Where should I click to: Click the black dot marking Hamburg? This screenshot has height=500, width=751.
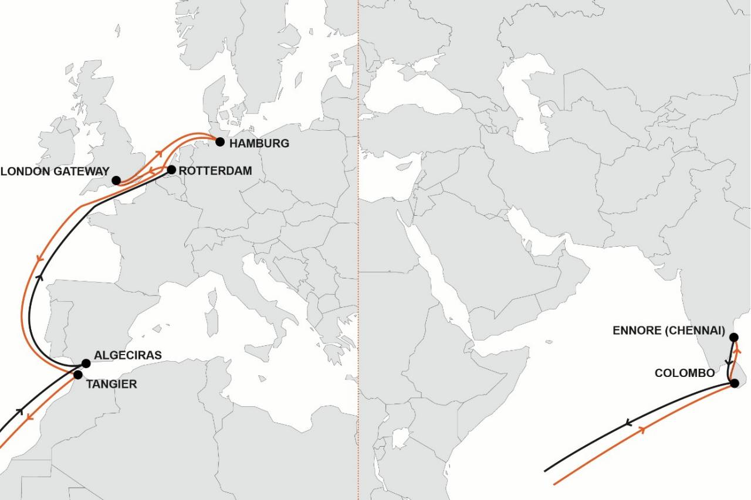(x=220, y=141)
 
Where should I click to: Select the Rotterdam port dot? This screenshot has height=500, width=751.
(x=171, y=170)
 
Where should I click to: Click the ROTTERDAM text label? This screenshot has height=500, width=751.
(x=215, y=171)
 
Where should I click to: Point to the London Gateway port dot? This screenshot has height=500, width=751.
(x=116, y=181)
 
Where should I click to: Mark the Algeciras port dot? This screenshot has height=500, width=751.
(x=86, y=363)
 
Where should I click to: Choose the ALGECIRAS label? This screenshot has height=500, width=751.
(x=127, y=355)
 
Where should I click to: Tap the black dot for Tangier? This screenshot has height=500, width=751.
(x=78, y=375)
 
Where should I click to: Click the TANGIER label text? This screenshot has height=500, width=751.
(x=111, y=385)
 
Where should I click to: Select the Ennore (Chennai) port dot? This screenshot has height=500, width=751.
(x=733, y=337)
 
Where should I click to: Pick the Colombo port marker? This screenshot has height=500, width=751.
(x=734, y=383)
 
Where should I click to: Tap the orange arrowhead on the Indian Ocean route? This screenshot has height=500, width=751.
(x=644, y=430)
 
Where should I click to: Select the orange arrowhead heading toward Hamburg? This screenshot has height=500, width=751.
(x=158, y=153)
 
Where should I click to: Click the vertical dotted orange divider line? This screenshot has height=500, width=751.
(x=358, y=264)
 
